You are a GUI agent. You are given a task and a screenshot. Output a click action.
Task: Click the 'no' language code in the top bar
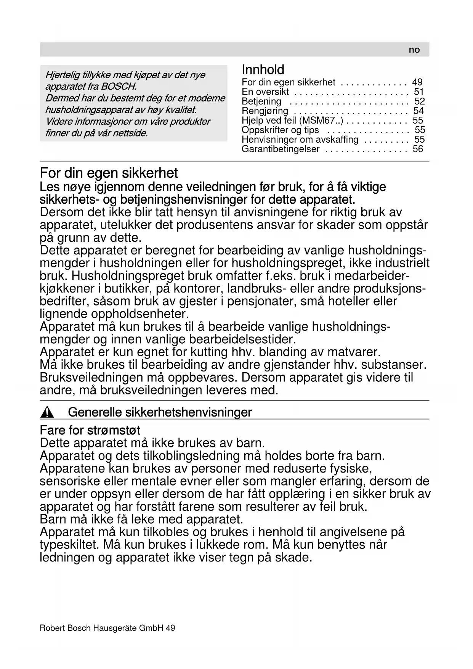pyautogui.click(x=414, y=50)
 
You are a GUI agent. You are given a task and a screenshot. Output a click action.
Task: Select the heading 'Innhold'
pyautogui.click(x=263, y=70)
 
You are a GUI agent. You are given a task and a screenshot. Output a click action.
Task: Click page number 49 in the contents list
pyautogui.click(x=417, y=82)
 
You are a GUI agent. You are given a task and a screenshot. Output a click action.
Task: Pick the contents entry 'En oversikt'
pyautogui.click(x=265, y=92)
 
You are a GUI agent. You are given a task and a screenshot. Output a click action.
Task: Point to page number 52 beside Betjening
pyautogui.click(x=419, y=101)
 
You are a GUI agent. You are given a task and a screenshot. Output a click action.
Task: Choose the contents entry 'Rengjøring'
pyautogui.click(x=265, y=111)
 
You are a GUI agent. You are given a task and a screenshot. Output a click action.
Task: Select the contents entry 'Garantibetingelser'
pyautogui.click(x=281, y=149)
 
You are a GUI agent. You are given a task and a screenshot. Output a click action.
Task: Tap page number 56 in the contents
pyautogui.click(x=418, y=149)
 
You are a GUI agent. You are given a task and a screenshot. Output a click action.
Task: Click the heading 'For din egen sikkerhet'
pyautogui.click(x=109, y=174)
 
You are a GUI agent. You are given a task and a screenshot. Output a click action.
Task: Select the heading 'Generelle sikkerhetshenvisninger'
pyautogui.click(x=160, y=412)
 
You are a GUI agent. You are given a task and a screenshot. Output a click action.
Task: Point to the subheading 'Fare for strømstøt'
pyautogui.click(x=90, y=431)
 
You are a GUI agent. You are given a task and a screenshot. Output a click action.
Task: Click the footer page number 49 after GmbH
pyautogui.click(x=170, y=628)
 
